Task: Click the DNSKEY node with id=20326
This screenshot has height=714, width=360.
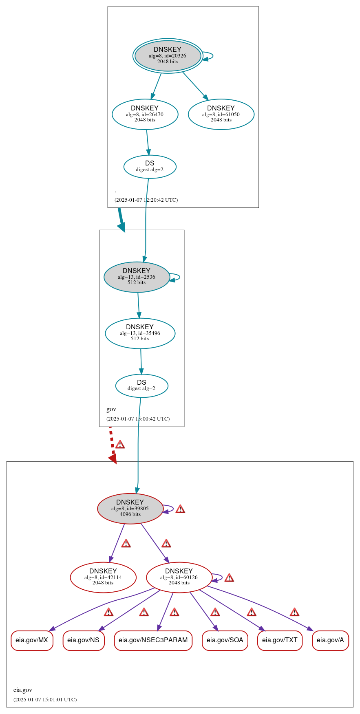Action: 168,56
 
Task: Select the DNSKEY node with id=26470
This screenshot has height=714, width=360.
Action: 145,114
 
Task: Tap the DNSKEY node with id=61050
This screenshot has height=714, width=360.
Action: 221,114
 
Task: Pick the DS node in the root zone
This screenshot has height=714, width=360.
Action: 150,166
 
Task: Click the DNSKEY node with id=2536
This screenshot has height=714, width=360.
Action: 137,277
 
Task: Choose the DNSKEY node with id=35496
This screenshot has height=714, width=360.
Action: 140,333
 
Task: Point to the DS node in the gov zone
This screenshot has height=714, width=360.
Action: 141,386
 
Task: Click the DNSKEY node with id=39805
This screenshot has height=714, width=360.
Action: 130,508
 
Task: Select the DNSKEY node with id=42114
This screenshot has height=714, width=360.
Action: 103,577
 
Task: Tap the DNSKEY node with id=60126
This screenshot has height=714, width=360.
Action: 179,577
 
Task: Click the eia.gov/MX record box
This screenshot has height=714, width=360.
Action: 32,640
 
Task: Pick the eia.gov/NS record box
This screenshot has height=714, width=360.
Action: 83,640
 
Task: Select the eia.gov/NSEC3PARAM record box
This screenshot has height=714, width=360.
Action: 153,640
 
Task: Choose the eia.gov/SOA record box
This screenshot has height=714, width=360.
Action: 225,640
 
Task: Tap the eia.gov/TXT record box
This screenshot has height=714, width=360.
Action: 280,640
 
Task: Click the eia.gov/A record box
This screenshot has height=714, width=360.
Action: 330,640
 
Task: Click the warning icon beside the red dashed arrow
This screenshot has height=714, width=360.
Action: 120,444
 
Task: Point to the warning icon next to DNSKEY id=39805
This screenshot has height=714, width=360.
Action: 180,509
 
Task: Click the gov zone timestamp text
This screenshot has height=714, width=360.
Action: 138,419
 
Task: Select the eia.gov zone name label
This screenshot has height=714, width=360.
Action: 23,690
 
